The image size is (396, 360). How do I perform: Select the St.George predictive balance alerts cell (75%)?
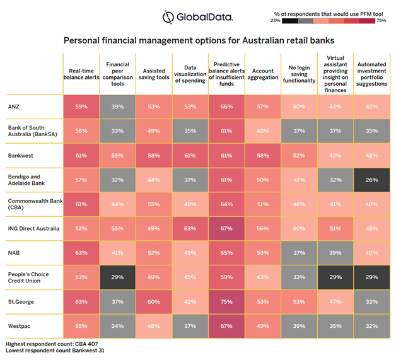(226, 301)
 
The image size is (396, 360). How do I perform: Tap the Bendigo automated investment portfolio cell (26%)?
(371, 180)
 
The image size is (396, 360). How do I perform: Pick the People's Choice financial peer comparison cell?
(117, 277)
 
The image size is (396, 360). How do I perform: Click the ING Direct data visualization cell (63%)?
(190, 228)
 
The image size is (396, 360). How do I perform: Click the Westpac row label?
(19, 326)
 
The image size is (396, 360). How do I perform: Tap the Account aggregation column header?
(262, 73)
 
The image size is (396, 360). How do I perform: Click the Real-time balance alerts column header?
(81, 73)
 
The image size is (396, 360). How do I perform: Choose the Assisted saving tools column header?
(153, 73)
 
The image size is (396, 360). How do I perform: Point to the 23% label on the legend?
(276, 21)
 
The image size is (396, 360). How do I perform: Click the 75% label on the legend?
(380, 21)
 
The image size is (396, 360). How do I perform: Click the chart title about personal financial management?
(198, 40)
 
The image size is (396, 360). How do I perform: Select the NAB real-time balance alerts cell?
(81, 252)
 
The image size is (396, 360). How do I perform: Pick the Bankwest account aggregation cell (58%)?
(262, 155)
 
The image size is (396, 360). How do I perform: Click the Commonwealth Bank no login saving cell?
(298, 204)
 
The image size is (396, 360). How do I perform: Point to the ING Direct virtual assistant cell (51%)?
(335, 228)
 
